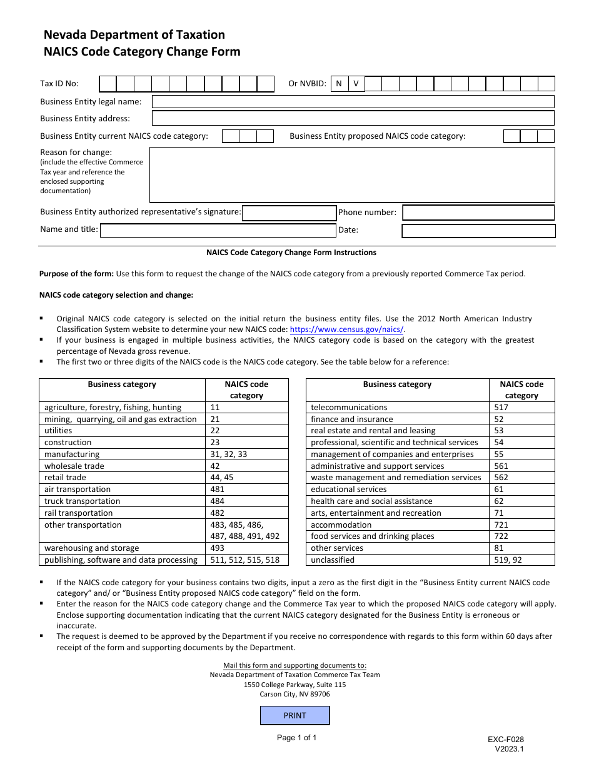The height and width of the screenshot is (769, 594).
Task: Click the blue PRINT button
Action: (294, 715)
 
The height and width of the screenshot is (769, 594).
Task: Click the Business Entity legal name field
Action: (353, 101)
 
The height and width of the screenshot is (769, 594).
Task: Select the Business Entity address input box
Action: (353, 118)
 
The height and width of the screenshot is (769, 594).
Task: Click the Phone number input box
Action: (478, 213)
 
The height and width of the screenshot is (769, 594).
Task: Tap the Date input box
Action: (478, 231)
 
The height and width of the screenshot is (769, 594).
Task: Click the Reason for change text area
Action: (352, 174)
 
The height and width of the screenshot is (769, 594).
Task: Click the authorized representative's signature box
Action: (289, 213)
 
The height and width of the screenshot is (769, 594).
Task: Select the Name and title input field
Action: (218, 230)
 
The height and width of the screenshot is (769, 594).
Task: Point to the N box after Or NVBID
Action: (338, 84)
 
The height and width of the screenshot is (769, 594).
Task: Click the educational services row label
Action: (348, 490)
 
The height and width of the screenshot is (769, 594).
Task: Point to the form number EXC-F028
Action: (506, 739)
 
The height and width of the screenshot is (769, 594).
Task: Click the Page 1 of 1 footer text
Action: (296, 738)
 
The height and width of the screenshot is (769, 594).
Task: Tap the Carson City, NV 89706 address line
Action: (294, 694)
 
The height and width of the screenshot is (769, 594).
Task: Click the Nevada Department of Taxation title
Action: (134, 35)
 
